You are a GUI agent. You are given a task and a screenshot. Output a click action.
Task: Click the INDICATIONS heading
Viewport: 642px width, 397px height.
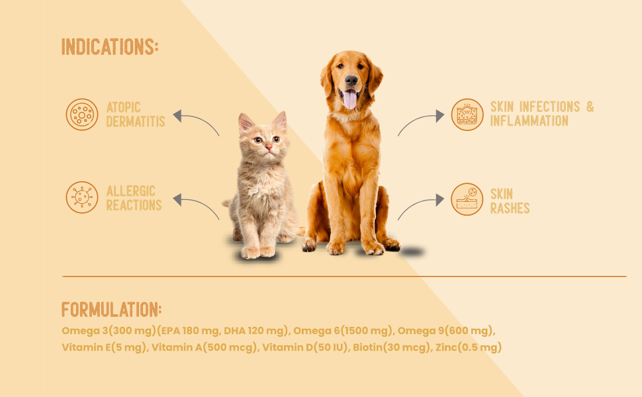point(110,47)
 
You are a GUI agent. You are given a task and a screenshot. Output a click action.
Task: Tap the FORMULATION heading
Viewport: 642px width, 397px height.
point(111,310)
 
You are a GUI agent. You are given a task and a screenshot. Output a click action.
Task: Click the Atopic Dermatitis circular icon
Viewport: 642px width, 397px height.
point(82,114)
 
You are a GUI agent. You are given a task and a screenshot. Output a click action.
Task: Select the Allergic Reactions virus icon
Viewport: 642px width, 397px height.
point(82,197)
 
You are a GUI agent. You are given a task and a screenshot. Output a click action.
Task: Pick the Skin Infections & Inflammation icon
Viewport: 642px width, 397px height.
point(467,114)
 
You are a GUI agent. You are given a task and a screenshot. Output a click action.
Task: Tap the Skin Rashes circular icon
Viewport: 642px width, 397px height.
point(467,199)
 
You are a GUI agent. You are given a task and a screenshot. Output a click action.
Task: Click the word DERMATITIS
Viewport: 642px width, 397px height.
point(136,122)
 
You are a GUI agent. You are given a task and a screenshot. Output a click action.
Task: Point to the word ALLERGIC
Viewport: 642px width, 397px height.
point(130,191)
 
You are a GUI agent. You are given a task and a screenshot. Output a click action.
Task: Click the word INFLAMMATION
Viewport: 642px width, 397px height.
point(529,120)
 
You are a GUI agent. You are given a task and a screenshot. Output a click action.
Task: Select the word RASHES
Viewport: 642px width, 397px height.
point(510,208)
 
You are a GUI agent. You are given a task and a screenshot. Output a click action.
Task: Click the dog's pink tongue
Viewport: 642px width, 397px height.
point(350,99)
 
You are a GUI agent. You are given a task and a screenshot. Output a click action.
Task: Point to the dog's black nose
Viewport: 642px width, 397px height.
point(351,80)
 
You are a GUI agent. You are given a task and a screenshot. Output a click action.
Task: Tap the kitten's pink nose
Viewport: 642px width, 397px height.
point(269,147)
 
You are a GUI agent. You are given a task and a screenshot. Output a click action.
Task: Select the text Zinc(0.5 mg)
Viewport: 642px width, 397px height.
point(469,347)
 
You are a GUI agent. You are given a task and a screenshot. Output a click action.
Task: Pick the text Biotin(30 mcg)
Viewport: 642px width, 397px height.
point(391,347)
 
